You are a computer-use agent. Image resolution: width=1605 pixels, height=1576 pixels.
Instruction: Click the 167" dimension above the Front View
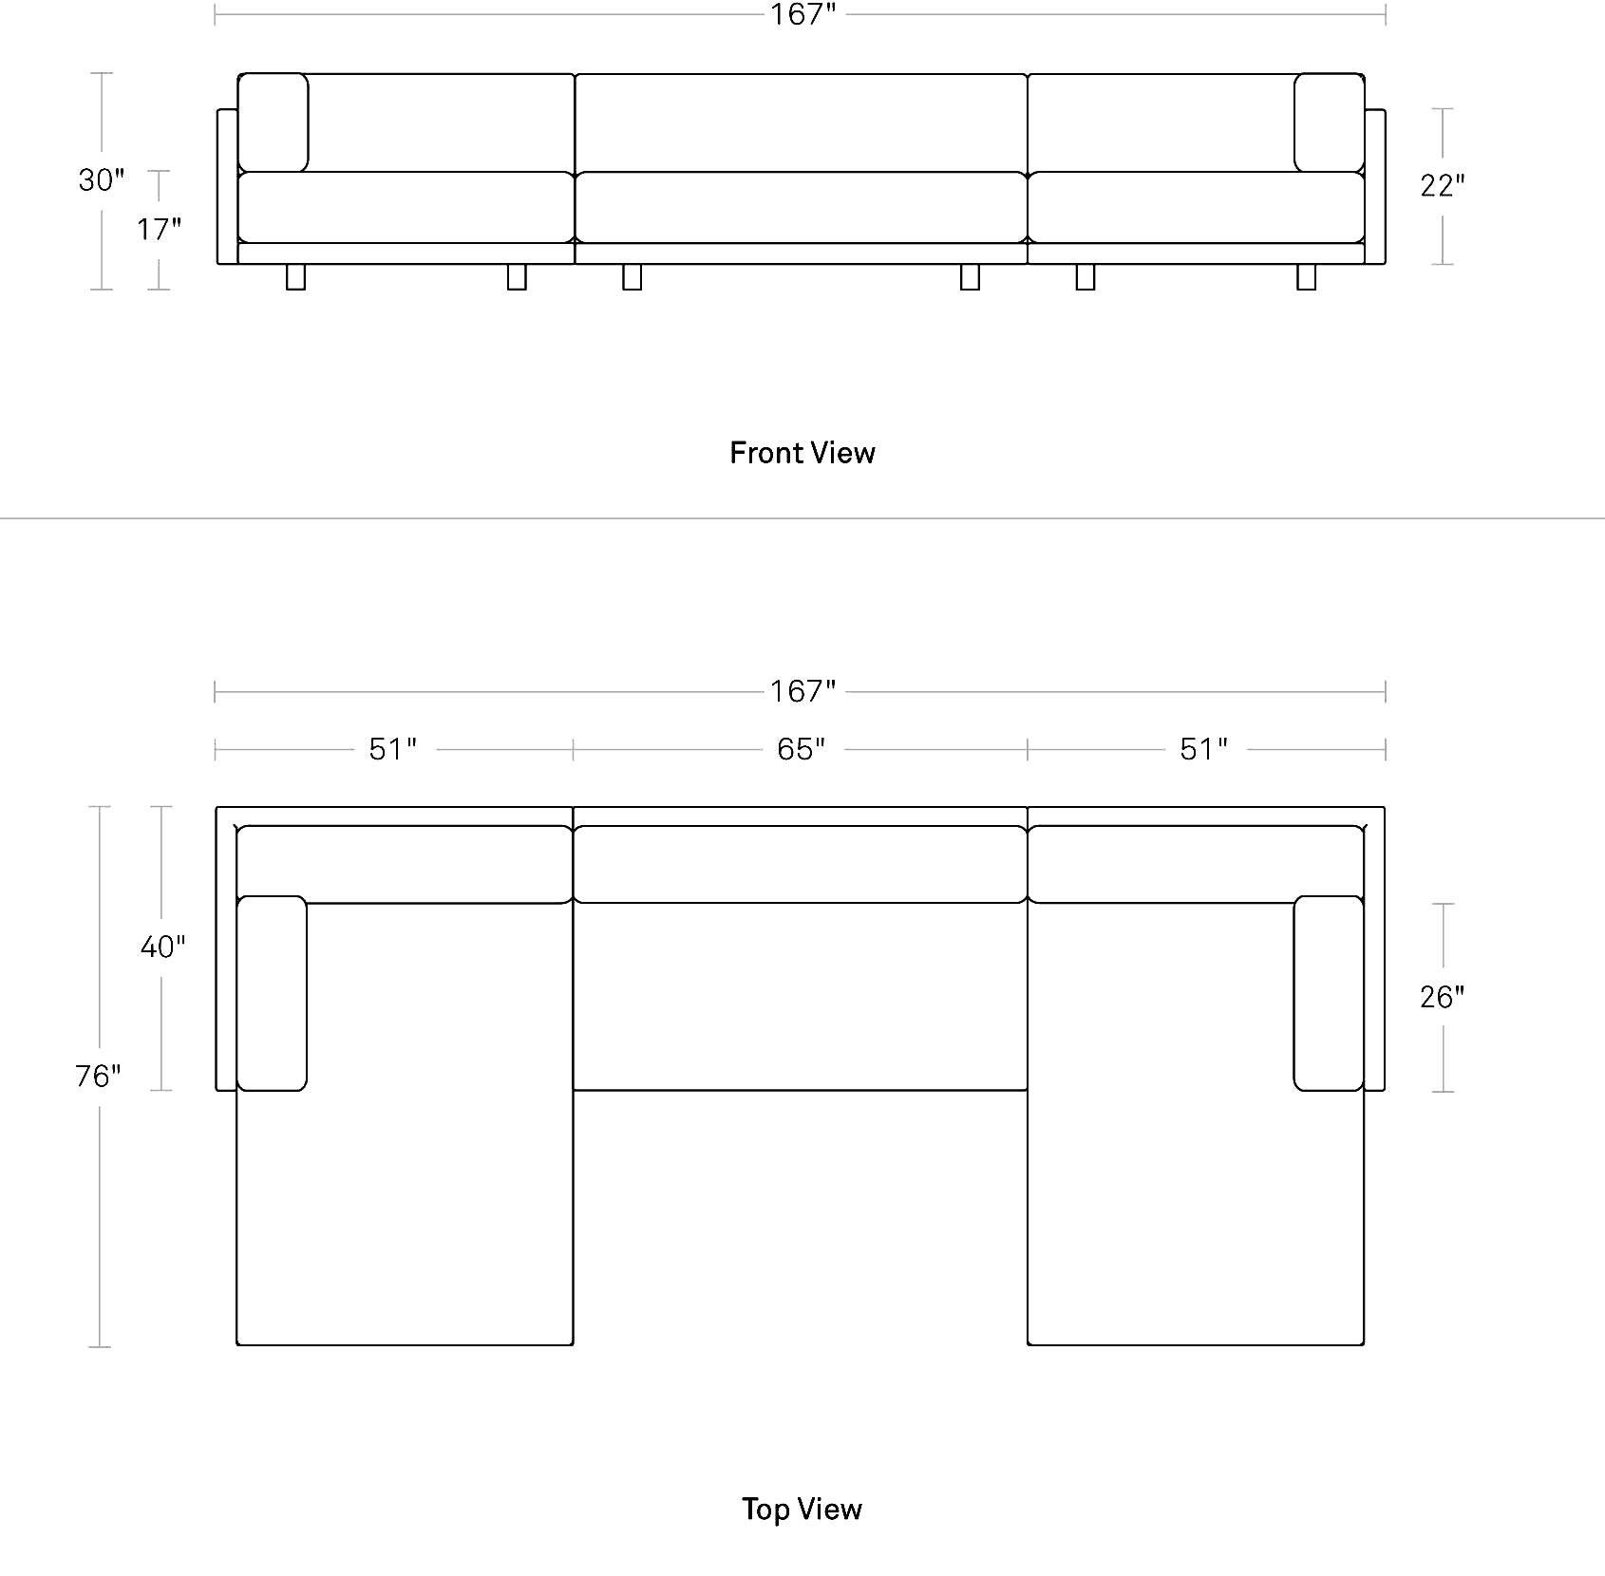(x=802, y=14)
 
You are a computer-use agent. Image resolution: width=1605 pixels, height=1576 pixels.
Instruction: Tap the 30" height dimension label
(x=102, y=179)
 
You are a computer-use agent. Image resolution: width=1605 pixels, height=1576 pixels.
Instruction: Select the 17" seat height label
(x=159, y=229)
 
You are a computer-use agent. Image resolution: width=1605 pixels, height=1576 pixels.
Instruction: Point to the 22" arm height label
(x=1443, y=185)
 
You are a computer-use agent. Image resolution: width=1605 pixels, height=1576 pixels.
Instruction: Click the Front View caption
(x=802, y=453)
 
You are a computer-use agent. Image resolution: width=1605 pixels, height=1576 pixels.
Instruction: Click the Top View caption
(x=802, y=1509)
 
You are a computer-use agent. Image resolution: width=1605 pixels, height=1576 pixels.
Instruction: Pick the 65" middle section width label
(x=802, y=749)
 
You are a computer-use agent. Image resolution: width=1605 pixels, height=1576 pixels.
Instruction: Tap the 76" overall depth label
(x=99, y=1076)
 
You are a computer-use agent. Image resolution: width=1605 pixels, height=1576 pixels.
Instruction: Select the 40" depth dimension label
(x=162, y=947)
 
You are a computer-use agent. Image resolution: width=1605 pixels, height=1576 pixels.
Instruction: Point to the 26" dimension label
(x=1443, y=997)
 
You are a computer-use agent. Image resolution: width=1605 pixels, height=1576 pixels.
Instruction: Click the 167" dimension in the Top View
(x=802, y=690)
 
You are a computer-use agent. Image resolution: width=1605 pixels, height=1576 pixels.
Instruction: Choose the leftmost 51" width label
(x=393, y=749)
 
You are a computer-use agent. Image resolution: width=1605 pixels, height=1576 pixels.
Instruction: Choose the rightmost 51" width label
(x=1204, y=749)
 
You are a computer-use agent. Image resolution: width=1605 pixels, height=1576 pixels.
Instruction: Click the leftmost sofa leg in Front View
(x=296, y=276)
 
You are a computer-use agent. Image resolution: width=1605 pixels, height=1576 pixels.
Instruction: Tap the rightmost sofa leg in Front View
(x=1307, y=276)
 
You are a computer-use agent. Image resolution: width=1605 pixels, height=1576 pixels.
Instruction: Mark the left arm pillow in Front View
(x=273, y=122)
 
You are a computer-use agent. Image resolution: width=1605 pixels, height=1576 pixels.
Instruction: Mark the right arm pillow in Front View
(x=1330, y=122)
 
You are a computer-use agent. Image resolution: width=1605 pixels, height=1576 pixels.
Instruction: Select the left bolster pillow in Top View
(x=272, y=993)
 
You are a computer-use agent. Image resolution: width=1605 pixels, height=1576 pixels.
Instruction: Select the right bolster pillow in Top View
(x=1329, y=993)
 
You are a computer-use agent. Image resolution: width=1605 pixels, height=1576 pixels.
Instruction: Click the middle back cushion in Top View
(x=801, y=864)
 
